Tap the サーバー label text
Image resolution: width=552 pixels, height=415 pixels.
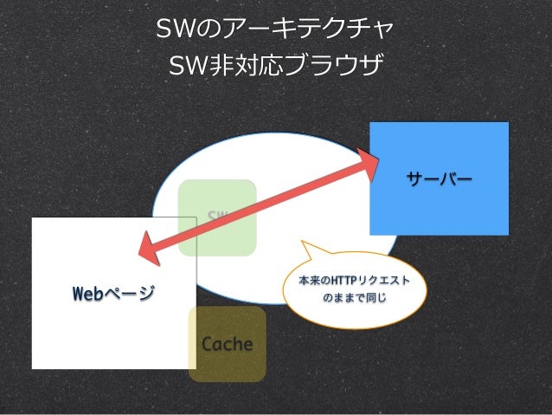(x=439, y=179)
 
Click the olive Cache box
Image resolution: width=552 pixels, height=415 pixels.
(x=227, y=364)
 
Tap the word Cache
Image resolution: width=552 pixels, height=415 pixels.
(x=227, y=344)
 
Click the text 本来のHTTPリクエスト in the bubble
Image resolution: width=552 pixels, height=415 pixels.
(x=354, y=282)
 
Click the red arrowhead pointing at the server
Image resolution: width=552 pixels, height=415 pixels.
(x=371, y=165)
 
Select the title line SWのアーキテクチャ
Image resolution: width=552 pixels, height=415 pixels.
(x=274, y=31)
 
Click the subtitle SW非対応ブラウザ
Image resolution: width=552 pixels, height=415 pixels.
(x=274, y=65)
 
